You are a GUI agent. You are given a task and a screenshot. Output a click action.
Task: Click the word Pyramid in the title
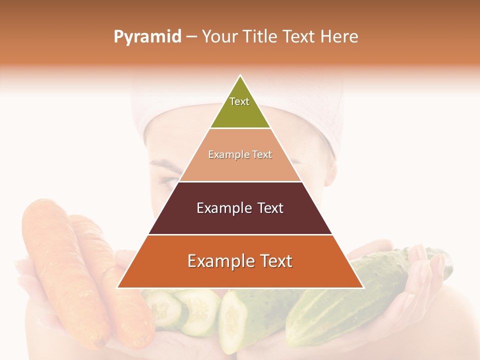pyautogui.click(x=147, y=37)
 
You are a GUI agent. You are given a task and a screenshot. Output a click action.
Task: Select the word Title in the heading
pyautogui.click(x=260, y=36)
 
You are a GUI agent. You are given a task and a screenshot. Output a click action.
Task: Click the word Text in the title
pyautogui.click(x=299, y=36)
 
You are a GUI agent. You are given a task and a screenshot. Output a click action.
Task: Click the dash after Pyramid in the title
pyautogui.click(x=191, y=37)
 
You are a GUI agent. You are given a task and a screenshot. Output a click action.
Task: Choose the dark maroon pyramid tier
pyautogui.click(x=240, y=220)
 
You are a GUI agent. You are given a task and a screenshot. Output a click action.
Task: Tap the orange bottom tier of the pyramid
pyautogui.click(x=240, y=275)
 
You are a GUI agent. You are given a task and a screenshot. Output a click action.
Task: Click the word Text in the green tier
pyautogui.click(x=239, y=101)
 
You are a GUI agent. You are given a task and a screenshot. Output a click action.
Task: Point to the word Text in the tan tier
pyautogui.click(x=262, y=155)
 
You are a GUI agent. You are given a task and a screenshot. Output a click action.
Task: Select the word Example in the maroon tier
pyautogui.click(x=223, y=208)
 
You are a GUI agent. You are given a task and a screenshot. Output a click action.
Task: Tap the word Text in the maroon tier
pyautogui.click(x=270, y=208)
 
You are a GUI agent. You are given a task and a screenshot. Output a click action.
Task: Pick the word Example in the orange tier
pyautogui.click(x=218, y=261)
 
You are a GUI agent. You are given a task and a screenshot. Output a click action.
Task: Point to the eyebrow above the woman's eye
pyautogui.click(x=165, y=164)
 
